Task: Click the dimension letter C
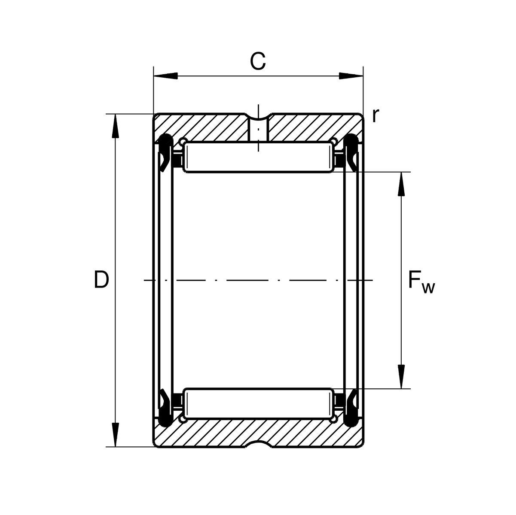(258, 61)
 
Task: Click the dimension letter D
(101, 279)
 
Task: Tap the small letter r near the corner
(376, 115)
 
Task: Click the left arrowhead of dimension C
(165, 76)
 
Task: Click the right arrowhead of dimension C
(351, 76)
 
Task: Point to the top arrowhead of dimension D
(115, 126)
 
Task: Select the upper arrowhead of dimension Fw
(401, 184)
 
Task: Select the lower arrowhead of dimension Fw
(401, 377)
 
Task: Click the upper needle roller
(258, 158)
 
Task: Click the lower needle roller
(258, 403)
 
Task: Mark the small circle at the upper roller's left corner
(183, 142)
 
